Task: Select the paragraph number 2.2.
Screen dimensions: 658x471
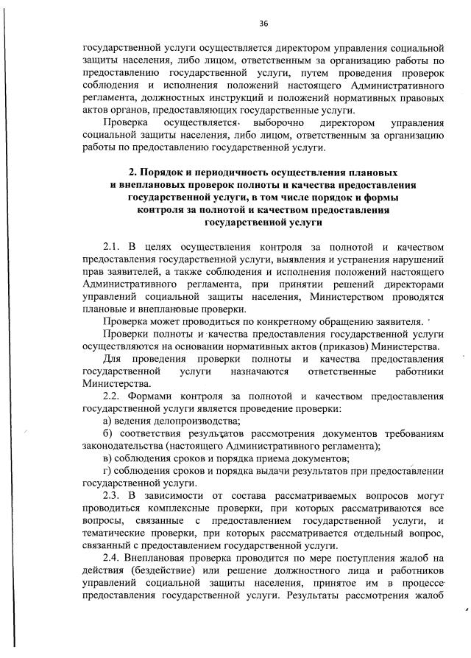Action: pyautogui.click(x=113, y=396)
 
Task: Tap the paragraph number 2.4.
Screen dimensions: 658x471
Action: pyautogui.click(x=113, y=557)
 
